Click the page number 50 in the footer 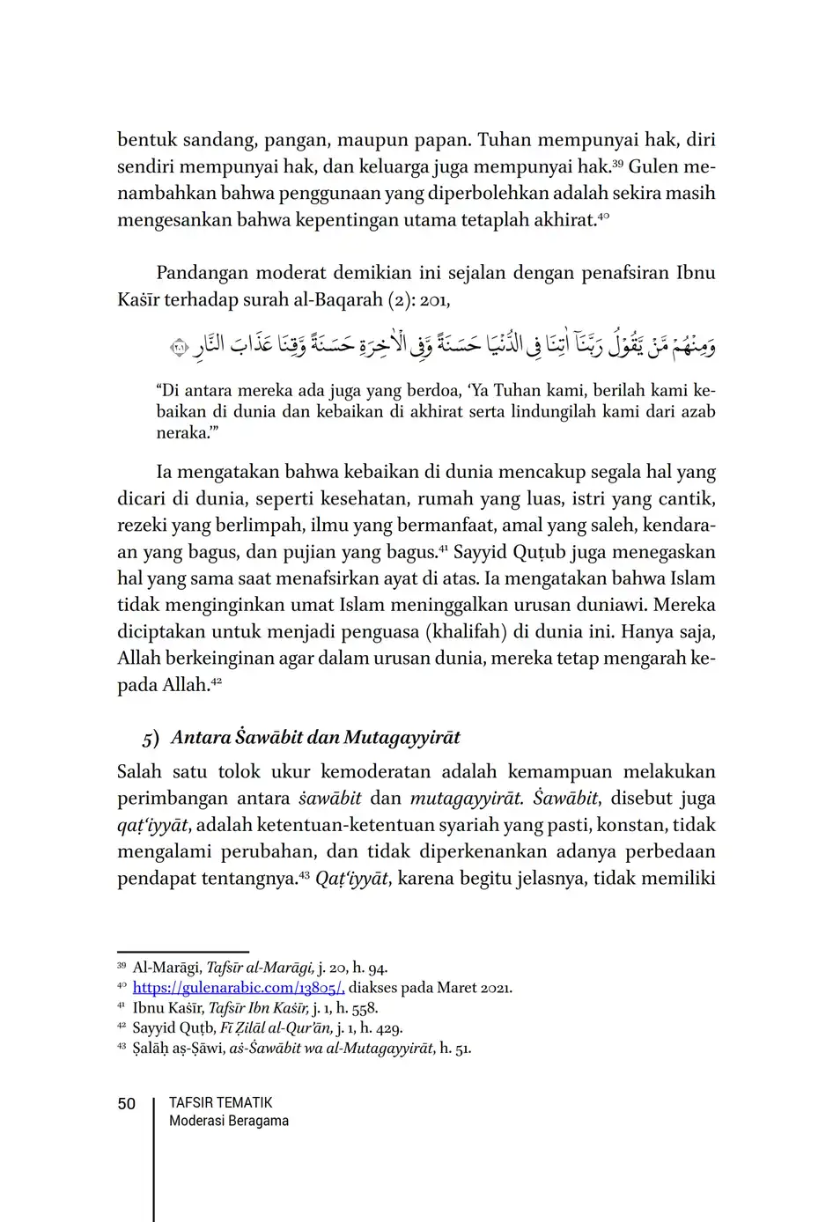tap(127, 1104)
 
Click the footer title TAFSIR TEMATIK tap(220, 1102)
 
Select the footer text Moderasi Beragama tap(228, 1121)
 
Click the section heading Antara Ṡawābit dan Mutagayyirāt tap(315, 737)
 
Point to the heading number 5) tap(151, 738)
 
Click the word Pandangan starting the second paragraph tap(202, 273)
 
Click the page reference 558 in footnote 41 tap(365, 1008)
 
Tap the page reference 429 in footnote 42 tap(390, 1027)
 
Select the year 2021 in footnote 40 tap(496, 988)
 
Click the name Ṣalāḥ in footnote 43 tap(151, 1048)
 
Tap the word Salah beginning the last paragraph tap(140, 772)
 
